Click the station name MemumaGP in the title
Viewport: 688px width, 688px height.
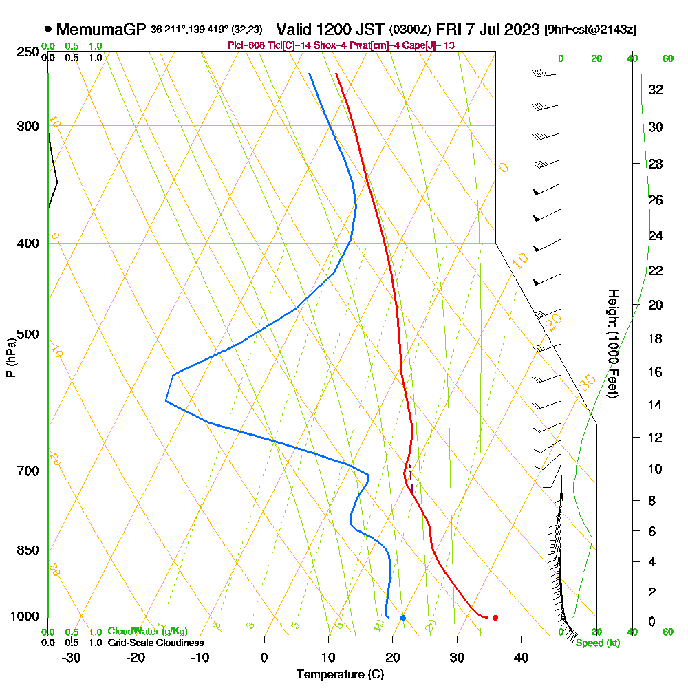click(x=100, y=30)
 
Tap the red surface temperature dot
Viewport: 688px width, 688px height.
click(x=495, y=617)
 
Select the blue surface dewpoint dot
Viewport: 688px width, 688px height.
click(x=403, y=617)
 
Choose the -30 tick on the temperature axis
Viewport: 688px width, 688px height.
click(x=72, y=657)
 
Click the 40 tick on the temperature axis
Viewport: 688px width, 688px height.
click(x=521, y=657)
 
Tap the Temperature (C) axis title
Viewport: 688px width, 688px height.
click(x=340, y=675)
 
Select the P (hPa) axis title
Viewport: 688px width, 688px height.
click(x=10, y=358)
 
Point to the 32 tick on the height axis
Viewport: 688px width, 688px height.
click(x=656, y=89)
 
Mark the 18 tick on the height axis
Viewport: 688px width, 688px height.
click(x=656, y=338)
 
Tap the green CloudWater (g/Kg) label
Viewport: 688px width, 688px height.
click(x=147, y=632)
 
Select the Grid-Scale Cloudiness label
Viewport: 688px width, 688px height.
click(x=155, y=643)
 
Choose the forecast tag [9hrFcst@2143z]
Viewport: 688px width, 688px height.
click(x=590, y=30)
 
